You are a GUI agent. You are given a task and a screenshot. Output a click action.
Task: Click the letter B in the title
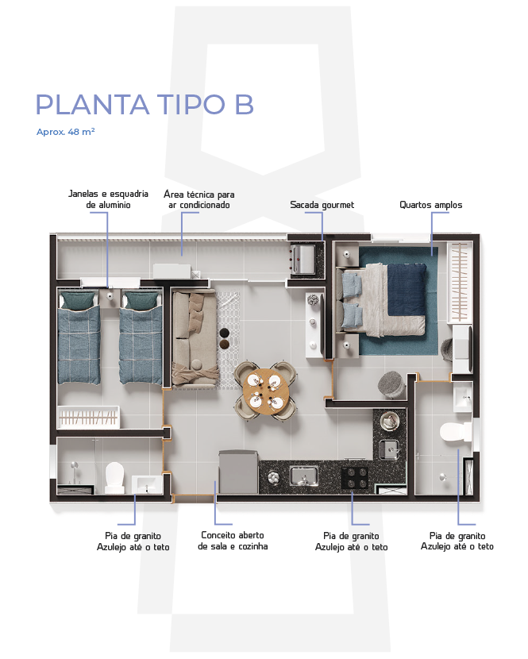245,104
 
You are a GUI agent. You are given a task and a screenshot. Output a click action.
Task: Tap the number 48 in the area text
73,132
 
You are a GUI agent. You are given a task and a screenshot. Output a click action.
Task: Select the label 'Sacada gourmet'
322,205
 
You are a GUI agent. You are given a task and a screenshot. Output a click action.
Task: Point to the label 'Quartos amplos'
431,205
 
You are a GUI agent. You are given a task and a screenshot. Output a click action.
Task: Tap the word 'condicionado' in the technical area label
205,205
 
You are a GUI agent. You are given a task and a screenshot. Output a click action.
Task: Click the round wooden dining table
265,390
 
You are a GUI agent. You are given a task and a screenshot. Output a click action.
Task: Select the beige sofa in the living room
195,338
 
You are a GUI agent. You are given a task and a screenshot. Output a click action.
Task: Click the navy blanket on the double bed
406,290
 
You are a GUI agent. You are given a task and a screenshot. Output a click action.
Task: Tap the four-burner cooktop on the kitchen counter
354,478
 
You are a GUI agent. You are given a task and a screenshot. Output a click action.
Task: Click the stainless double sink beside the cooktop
303,476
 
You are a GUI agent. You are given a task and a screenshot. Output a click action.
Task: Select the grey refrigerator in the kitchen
238,472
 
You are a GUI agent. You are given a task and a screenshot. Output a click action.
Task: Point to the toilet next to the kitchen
455,432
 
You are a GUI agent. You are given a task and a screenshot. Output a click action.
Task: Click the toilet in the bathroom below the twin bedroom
114,477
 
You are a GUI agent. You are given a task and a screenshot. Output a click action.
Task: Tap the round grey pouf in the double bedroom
391,384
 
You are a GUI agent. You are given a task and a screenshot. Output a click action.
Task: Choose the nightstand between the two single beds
110,298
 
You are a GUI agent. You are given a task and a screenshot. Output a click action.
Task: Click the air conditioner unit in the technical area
172,271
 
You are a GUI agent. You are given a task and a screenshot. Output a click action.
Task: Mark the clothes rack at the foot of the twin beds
88,417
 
